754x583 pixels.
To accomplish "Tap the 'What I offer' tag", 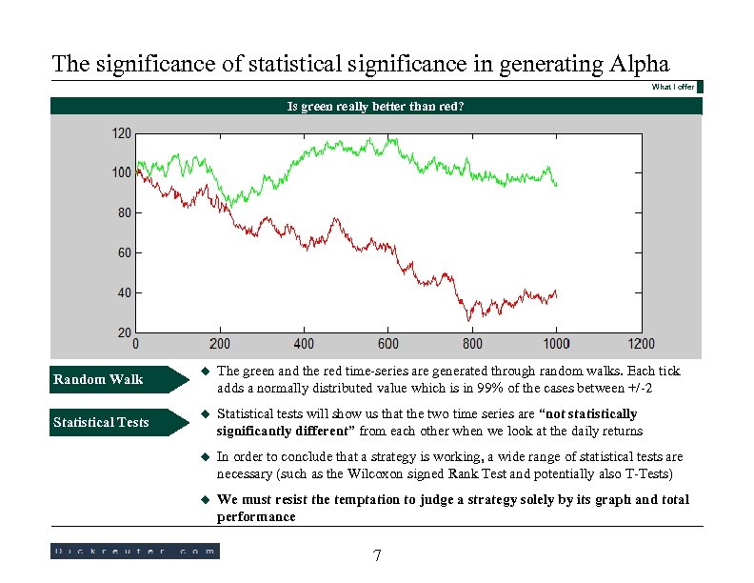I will pyautogui.click(x=672, y=88).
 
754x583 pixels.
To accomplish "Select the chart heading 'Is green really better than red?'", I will pyautogui.click(x=376, y=107).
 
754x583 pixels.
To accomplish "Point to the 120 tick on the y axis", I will pyautogui.click(x=122, y=133).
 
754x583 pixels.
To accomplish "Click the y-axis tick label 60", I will pyautogui.click(x=125, y=252).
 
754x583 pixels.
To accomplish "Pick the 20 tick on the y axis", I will pyautogui.click(x=125, y=332).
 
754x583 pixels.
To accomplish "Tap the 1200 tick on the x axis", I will pyautogui.click(x=640, y=344).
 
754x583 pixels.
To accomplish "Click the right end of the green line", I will pyautogui.click(x=557, y=185).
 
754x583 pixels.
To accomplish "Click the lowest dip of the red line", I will pyautogui.click(x=469, y=320).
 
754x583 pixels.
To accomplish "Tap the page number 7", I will pyautogui.click(x=377, y=555).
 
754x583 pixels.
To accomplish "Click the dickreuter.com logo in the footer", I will pyautogui.click(x=134, y=551).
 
